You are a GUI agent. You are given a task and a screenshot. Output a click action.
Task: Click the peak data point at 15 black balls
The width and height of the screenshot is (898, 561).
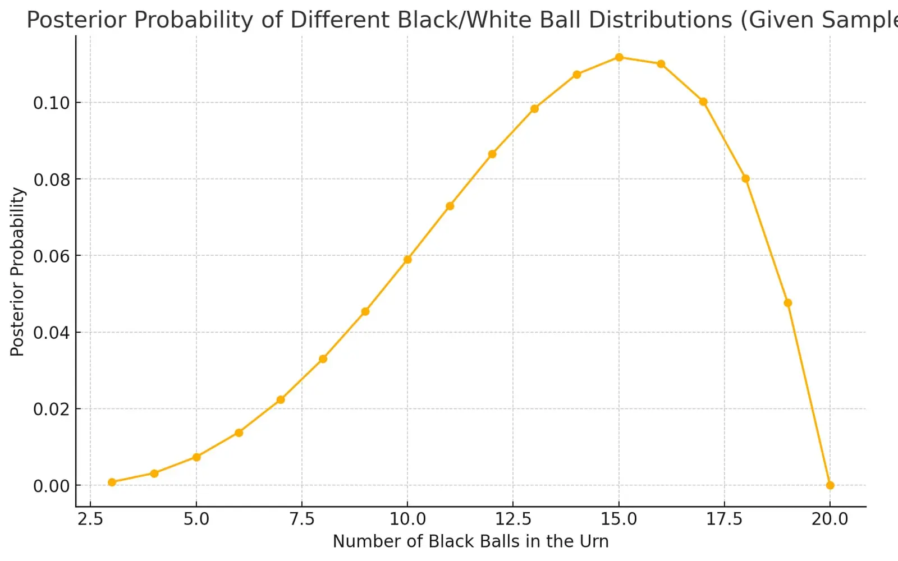point(619,57)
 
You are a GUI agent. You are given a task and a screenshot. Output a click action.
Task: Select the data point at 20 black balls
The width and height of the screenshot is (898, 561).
point(830,485)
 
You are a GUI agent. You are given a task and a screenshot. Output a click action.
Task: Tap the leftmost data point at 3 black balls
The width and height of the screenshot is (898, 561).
point(112,482)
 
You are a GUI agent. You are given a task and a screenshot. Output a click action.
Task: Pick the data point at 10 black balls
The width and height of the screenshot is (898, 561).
point(407,260)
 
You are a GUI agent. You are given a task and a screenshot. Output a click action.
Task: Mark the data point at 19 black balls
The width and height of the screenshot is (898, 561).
point(788,303)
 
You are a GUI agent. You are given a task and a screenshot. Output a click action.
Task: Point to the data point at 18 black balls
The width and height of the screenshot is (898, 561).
point(746,179)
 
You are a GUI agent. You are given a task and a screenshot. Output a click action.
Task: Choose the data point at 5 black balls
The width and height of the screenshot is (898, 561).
point(196,457)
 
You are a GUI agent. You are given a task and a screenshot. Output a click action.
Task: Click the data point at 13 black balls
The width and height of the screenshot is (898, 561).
point(534,109)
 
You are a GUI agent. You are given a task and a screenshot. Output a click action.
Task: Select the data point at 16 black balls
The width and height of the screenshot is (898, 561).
point(661,64)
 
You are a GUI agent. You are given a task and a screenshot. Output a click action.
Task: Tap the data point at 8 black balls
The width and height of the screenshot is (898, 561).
point(323,358)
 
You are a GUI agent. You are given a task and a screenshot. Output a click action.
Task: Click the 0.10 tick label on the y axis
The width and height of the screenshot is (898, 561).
point(51,103)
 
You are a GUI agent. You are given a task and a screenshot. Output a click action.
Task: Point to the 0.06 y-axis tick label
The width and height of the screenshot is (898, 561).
point(51,256)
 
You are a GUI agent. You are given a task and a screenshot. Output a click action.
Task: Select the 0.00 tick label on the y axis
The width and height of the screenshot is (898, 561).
point(51,486)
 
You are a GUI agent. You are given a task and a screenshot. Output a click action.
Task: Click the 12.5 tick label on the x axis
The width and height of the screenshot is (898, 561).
point(513,519)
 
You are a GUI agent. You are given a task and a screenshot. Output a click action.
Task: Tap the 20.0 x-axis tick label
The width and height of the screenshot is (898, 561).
point(830,519)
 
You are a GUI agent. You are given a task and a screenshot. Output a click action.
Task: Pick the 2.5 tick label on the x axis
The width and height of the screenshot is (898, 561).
point(90,519)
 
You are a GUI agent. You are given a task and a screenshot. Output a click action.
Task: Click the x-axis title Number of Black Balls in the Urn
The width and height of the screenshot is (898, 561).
point(471,541)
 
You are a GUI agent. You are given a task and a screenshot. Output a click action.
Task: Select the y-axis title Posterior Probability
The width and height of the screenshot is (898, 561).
point(17,272)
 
